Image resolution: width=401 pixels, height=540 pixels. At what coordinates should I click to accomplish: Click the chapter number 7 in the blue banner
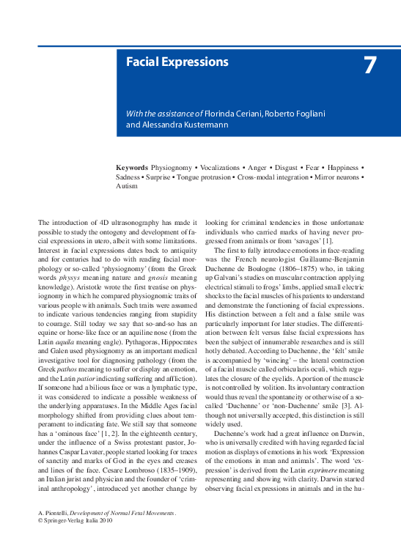click(x=370, y=66)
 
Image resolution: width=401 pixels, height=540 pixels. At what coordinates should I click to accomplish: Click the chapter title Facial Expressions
click(x=177, y=62)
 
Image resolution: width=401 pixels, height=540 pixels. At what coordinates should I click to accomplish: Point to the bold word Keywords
click(x=132, y=168)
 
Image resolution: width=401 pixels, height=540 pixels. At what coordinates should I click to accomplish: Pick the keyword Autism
click(x=127, y=187)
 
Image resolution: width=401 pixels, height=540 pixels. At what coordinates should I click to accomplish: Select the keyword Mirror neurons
click(x=336, y=177)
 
